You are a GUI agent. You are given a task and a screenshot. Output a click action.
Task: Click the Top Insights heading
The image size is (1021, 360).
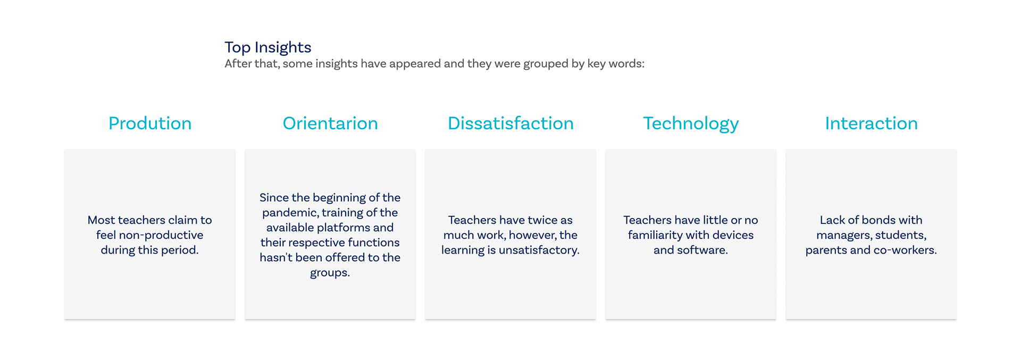pyautogui.click(x=267, y=47)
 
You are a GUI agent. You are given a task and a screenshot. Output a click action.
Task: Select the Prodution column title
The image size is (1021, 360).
pyautogui.click(x=150, y=123)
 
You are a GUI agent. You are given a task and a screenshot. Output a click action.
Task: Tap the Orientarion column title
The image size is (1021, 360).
pyautogui.click(x=330, y=123)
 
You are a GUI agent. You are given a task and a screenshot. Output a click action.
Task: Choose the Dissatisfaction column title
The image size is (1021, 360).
pyautogui.click(x=510, y=123)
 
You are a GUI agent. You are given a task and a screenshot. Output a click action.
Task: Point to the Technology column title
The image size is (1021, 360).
pyautogui.click(x=691, y=124)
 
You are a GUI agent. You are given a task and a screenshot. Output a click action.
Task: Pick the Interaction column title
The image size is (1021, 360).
pyautogui.click(x=871, y=123)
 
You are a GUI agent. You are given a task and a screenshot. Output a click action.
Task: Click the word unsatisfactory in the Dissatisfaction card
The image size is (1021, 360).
pyautogui.click(x=539, y=250)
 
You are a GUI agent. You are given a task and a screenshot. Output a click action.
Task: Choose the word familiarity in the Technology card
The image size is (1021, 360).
pyautogui.click(x=656, y=235)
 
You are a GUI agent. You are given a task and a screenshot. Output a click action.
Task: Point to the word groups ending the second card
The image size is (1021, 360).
pyautogui.click(x=330, y=273)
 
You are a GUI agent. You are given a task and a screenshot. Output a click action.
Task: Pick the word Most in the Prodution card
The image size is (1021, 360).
pyautogui.click(x=101, y=220)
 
